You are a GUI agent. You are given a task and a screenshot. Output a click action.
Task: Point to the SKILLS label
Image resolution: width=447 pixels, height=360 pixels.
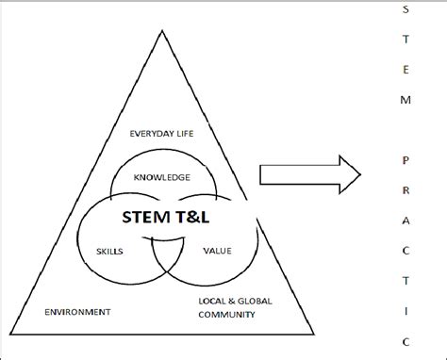coord(110,252)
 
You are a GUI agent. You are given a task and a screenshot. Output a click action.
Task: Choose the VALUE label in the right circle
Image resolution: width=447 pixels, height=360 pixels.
coord(217,252)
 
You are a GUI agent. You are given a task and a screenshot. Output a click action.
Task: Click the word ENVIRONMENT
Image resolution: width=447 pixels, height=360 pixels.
coord(77,311)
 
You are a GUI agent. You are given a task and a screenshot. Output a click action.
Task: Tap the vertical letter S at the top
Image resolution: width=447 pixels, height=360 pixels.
coord(406,10)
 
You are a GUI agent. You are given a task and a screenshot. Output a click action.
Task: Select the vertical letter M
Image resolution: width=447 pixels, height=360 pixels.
coord(406,99)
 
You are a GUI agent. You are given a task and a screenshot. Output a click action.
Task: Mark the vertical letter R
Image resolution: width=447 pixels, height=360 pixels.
coord(406,188)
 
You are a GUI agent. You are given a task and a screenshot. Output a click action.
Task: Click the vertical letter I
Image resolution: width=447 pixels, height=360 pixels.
coord(406,307)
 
